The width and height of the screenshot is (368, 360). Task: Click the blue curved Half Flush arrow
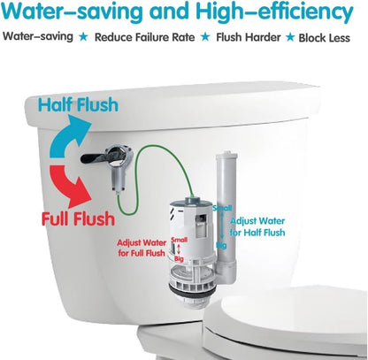click(64, 134)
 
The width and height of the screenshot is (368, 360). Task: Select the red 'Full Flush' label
click(78, 218)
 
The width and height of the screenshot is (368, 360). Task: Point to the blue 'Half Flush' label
click(78, 104)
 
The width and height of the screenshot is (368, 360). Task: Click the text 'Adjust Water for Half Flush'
click(257, 226)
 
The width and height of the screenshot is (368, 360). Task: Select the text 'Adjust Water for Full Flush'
click(142, 248)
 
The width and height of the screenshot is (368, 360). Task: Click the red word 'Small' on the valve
click(180, 240)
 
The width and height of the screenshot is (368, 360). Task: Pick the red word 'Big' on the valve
click(179, 259)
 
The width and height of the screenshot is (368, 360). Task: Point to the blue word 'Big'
click(221, 245)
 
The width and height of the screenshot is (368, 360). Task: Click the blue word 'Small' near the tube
click(222, 208)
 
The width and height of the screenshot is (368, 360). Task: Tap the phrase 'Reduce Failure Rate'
click(144, 37)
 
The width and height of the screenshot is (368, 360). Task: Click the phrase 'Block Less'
click(325, 38)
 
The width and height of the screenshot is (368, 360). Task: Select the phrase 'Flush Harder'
click(249, 37)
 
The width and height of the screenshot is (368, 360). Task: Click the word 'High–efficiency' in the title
click(274, 11)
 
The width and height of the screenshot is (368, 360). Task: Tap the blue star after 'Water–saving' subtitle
click(84, 37)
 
